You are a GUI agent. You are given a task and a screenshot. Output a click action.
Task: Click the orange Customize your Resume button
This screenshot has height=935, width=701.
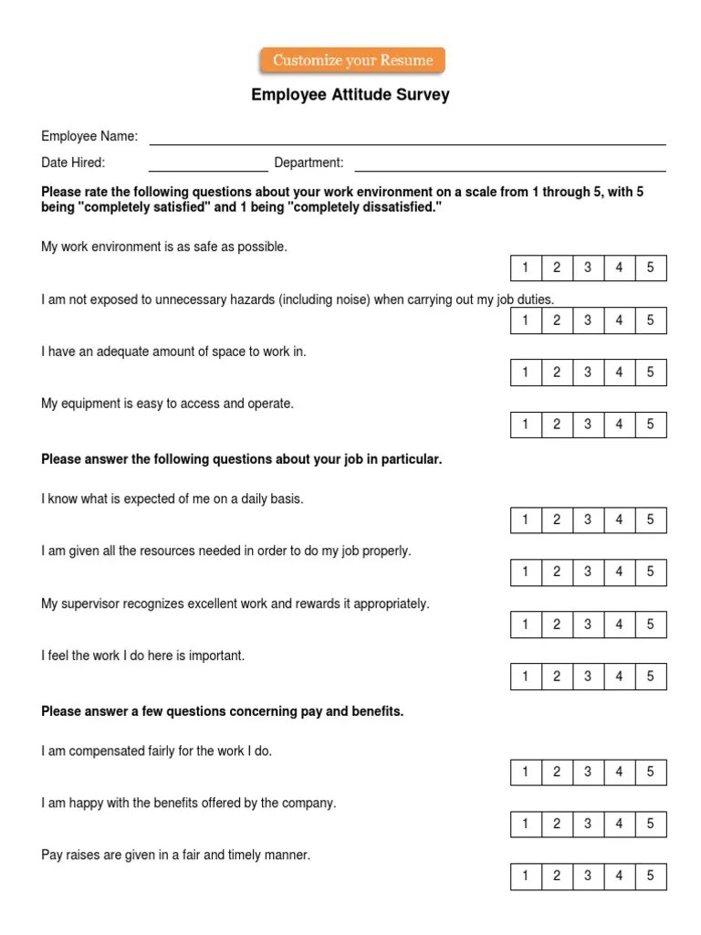pyautogui.click(x=352, y=61)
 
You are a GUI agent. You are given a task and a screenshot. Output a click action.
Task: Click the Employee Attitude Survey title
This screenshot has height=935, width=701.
pyautogui.click(x=350, y=95)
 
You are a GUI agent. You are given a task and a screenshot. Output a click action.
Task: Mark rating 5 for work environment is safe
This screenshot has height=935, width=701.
pyautogui.click(x=651, y=268)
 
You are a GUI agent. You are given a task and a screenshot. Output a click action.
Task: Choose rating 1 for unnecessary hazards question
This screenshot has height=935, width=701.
pyautogui.click(x=526, y=320)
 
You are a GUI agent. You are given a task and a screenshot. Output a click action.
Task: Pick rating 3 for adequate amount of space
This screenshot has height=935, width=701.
pyautogui.click(x=588, y=373)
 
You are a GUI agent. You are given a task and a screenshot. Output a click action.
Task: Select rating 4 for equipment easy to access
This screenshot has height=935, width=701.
pyautogui.click(x=620, y=425)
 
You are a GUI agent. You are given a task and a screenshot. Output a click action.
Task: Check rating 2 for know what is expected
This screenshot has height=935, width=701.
pyautogui.click(x=557, y=520)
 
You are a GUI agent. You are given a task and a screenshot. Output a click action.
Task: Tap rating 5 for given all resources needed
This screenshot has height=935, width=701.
pyautogui.click(x=651, y=572)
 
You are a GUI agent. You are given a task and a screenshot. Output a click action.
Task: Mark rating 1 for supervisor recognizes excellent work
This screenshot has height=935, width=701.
pyautogui.click(x=526, y=625)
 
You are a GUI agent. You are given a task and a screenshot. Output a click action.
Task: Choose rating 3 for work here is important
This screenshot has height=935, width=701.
pyautogui.click(x=588, y=677)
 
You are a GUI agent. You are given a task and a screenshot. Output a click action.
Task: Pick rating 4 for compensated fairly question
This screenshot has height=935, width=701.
pyautogui.click(x=620, y=772)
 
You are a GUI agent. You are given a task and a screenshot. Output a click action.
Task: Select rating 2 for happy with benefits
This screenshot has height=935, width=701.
pyautogui.click(x=557, y=824)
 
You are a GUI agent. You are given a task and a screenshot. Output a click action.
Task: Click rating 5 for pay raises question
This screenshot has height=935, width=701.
pyautogui.click(x=651, y=877)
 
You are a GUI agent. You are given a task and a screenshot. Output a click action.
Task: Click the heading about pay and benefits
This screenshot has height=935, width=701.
pyautogui.click(x=223, y=711)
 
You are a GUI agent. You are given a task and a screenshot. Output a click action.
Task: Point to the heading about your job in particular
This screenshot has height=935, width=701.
pyautogui.click(x=242, y=459)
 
